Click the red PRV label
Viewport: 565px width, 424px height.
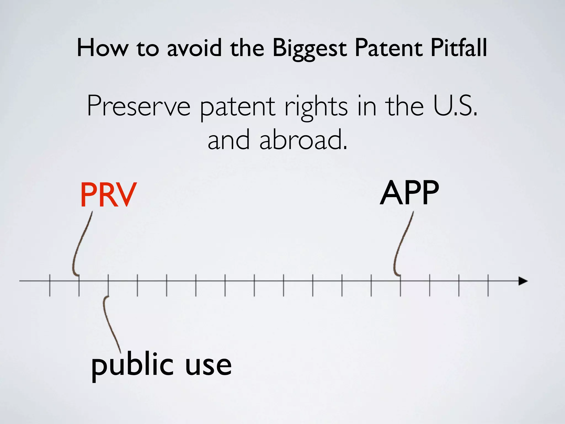coord(108,195)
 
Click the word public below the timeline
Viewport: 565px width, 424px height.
coord(132,366)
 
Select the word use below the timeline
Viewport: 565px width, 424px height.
coord(208,366)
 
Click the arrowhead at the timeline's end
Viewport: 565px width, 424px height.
coord(523,281)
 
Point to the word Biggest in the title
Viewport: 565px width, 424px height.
coord(309,48)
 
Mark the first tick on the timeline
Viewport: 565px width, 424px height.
coord(50,285)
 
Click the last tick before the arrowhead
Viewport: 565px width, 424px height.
coord(488,285)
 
